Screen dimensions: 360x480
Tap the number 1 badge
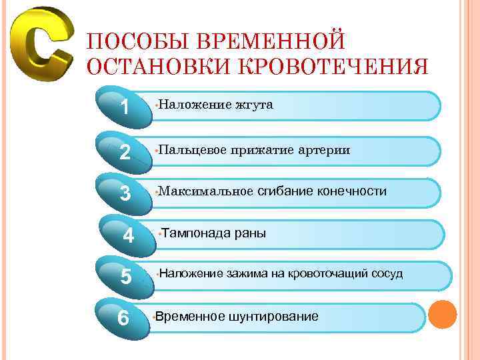click(124, 106)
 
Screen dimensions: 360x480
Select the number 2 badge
click(124, 151)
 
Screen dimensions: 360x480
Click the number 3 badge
click(125, 193)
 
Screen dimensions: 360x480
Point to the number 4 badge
click(129, 235)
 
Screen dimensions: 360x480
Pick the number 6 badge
click(123, 318)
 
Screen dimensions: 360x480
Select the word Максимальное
click(203, 192)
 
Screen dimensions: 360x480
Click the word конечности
click(352, 192)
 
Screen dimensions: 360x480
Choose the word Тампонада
click(195, 233)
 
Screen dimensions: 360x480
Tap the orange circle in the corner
click(442, 315)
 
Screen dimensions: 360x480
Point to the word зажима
click(247, 273)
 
